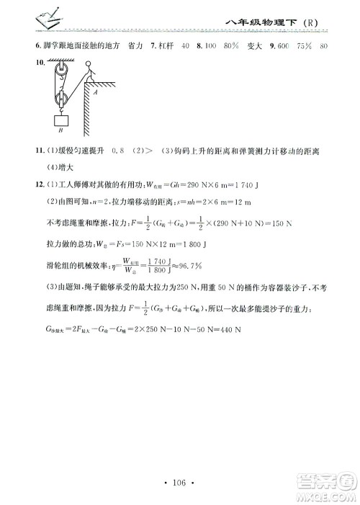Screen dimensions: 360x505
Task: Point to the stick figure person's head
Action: tap(88, 67)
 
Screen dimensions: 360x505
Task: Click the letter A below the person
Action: tap(95, 92)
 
